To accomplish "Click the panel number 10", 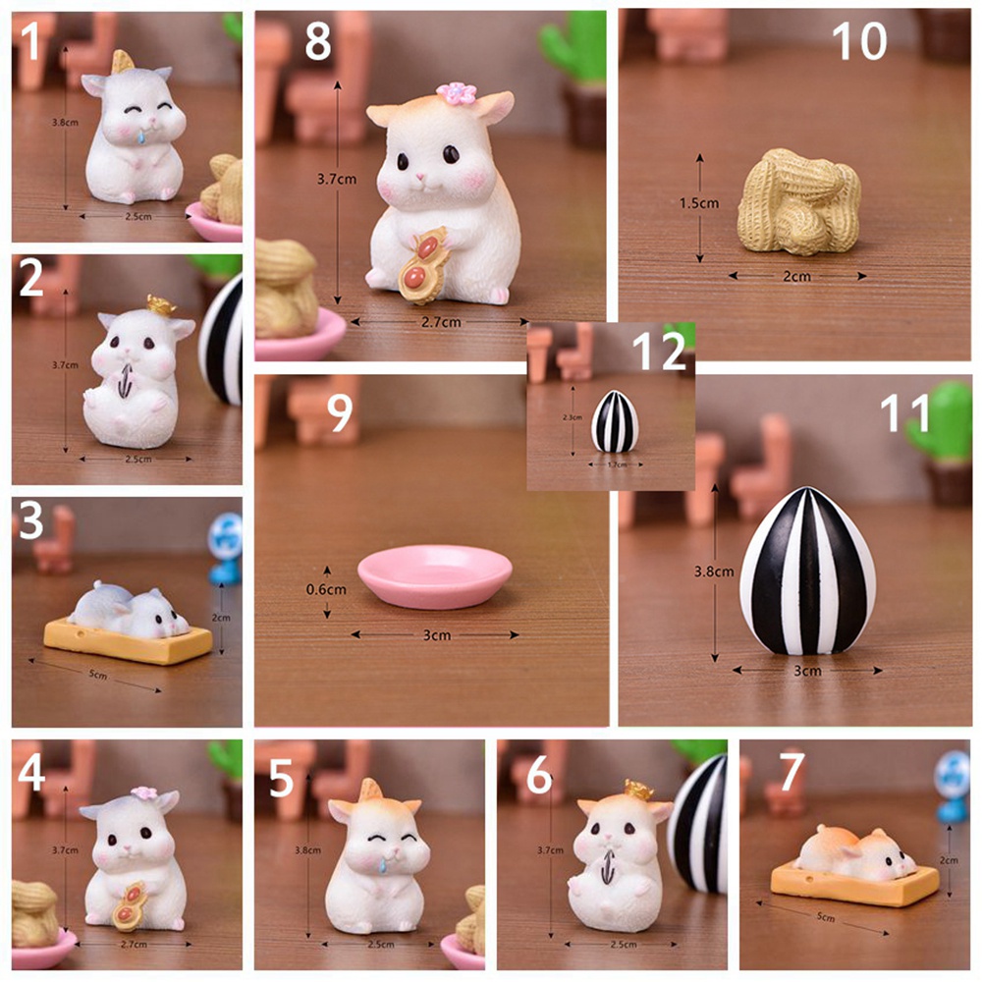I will click(859, 40).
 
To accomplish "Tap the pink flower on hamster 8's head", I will click(456, 93).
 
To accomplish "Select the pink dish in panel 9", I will click(434, 578).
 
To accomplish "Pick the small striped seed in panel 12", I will click(615, 421).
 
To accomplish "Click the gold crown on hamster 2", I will click(154, 303).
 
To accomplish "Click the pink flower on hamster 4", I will click(144, 793).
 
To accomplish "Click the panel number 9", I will click(340, 413).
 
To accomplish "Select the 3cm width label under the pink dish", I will click(436, 635).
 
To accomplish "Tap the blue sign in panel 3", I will click(225, 538).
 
